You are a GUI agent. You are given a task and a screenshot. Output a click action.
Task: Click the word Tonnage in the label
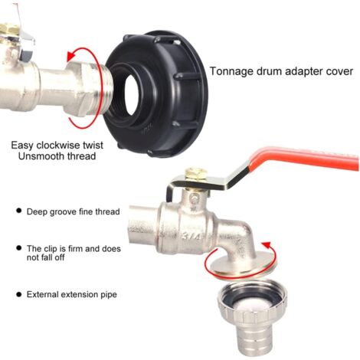click(x=231, y=71)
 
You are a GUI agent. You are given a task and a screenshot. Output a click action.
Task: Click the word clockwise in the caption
click(x=58, y=146)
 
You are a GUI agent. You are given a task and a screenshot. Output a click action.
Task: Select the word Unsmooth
click(x=41, y=156)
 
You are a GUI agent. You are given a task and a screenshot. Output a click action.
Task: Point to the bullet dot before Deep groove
click(x=18, y=211)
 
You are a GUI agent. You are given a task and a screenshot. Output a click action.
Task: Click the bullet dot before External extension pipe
click(x=18, y=294)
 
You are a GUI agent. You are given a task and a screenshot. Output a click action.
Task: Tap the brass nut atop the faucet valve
click(x=196, y=175)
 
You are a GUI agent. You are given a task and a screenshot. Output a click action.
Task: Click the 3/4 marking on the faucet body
click(x=191, y=237)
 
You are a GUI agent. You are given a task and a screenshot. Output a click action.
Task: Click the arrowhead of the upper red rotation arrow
click(x=71, y=56)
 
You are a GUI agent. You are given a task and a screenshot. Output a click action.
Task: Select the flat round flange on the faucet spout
click(x=243, y=263)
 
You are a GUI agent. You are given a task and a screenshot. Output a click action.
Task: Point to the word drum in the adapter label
click(x=268, y=71)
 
